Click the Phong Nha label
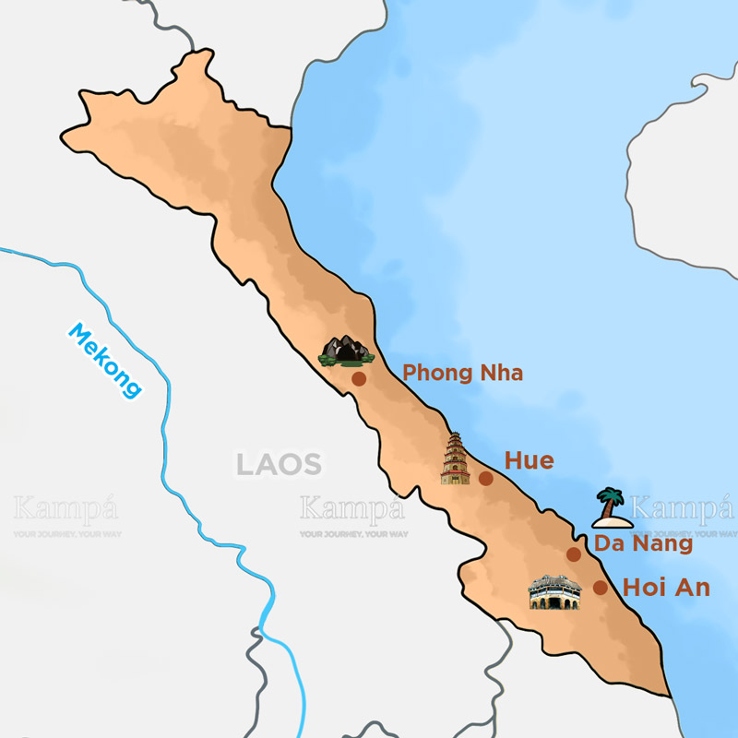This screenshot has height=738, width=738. point(463,374)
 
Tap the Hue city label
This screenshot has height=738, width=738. point(529,460)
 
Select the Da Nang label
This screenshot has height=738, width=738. point(643,543)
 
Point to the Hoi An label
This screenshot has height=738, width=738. point(666,587)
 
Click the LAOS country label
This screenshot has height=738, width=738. point(278,464)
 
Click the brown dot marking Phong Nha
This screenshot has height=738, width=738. point(359,378)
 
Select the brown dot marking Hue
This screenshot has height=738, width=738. point(486,478)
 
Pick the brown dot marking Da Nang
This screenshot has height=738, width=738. point(574,554)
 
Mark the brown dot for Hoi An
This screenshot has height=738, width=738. point(601,588)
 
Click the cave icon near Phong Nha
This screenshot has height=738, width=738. point(345,351)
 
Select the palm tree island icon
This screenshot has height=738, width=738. point(611,508)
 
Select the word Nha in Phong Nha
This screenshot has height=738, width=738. point(500,374)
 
